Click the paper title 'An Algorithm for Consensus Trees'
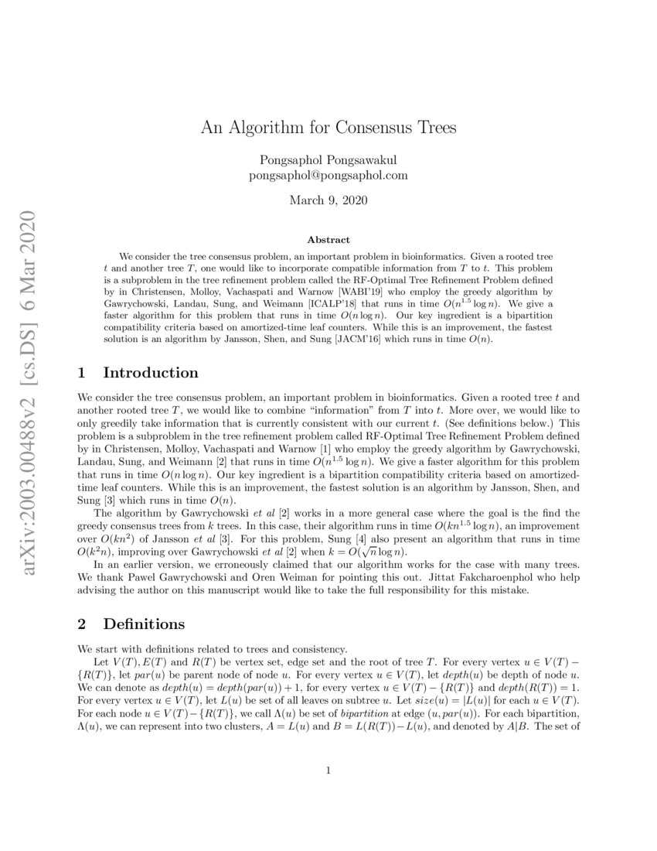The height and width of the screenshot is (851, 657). click(x=328, y=128)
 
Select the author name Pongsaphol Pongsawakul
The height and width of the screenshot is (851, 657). click(x=328, y=160)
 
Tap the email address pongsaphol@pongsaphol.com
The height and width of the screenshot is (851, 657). click(x=328, y=176)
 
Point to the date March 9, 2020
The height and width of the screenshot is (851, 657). click(x=328, y=201)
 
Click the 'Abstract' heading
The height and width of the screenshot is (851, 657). click(x=328, y=240)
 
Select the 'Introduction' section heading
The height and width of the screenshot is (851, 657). click(x=151, y=373)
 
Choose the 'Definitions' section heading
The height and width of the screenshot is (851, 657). click(x=143, y=623)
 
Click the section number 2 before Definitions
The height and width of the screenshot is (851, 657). click(x=83, y=623)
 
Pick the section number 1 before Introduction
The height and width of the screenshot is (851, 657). click(x=83, y=373)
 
